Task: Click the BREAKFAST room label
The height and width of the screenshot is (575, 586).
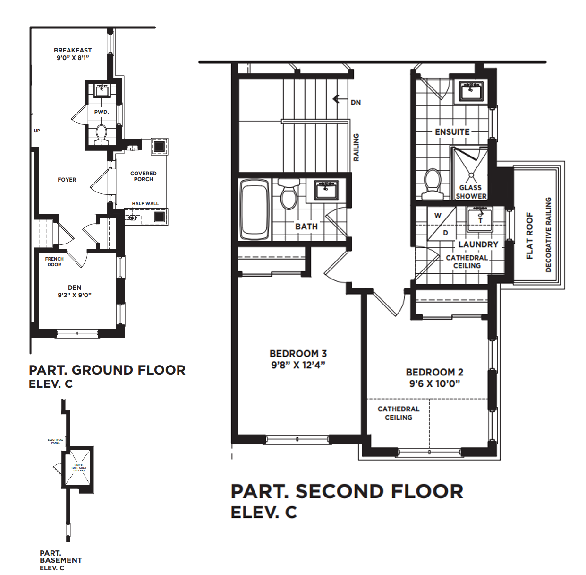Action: coord(73,50)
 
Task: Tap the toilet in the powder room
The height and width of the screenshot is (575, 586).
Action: coord(101,134)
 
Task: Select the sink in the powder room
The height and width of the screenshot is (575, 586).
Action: coord(102,90)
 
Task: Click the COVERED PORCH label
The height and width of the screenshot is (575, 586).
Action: coord(144,176)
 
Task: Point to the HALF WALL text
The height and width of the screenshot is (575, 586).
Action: coord(145,204)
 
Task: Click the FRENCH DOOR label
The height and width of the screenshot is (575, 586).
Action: coord(54,261)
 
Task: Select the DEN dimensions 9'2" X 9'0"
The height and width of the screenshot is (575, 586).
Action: coord(75,295)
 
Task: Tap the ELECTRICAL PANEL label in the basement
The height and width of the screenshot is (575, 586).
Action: coord(55,441)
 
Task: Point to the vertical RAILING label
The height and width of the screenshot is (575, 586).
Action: coord(357,147)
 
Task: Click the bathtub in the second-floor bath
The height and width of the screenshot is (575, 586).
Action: coord(255,209)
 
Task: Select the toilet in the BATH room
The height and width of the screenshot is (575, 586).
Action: coord(289,193)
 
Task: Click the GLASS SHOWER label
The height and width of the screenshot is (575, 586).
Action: coord(471,192)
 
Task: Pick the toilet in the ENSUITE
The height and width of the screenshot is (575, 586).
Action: coord(432,184)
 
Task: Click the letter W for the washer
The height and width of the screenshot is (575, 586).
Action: coord(438,216)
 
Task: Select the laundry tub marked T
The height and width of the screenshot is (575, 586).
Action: coord(480,219)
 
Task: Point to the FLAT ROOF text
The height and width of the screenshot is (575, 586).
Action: coord(530,235)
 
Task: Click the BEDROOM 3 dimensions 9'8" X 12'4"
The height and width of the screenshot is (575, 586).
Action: coord(298,365)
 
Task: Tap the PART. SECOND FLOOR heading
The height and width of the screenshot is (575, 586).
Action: coord(347,491)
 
